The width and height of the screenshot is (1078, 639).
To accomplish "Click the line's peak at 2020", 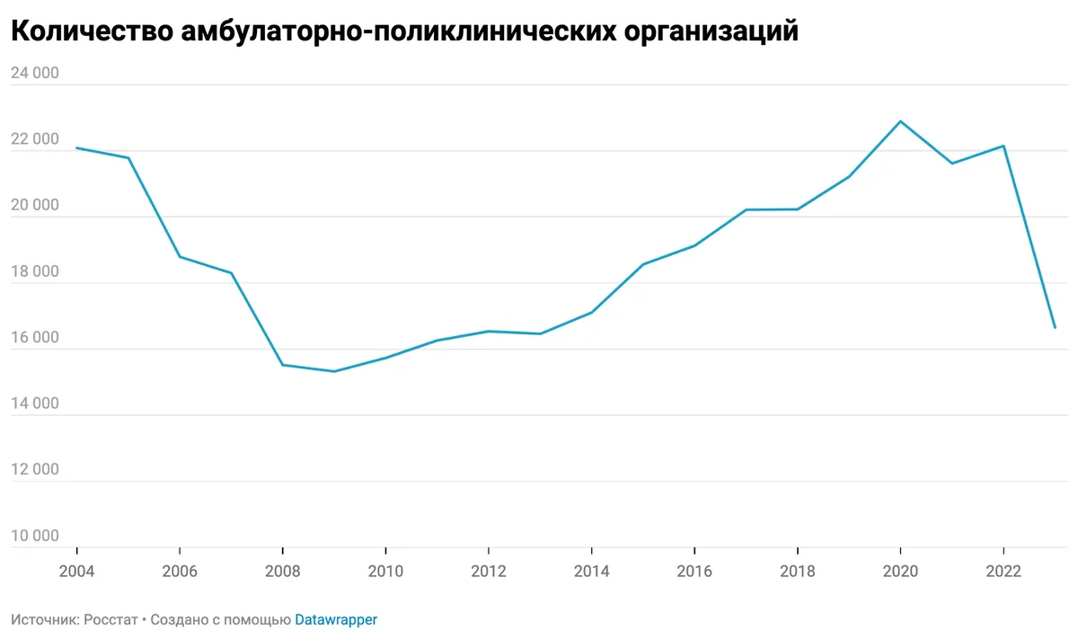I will click(x=900, y=121).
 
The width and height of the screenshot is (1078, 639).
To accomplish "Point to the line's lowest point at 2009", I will click(x=334, y=371).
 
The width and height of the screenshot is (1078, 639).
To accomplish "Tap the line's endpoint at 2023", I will click(x=1055, y=327).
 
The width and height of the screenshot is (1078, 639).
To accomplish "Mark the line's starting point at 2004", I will click(x=76, y=147).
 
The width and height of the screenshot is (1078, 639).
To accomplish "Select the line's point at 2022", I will click(x=1003, y=146).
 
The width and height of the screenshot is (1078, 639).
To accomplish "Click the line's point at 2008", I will click(x=282, y=365).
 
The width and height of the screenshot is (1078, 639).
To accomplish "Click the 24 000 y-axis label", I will click(x=34, y=74).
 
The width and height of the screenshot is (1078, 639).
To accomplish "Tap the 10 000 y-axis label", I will click(x=34, y=537).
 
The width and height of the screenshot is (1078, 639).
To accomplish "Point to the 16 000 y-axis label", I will click(x=34, y=338).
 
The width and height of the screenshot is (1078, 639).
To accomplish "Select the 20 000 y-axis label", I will click(x=34, y=206).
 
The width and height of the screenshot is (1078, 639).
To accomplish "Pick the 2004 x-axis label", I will click(x=76, y=571).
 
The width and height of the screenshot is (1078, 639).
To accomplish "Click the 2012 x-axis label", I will click(x=488, y=571).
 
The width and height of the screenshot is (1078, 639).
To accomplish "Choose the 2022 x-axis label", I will click(x=1003, y=571).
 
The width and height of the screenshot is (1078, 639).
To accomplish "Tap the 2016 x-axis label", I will click(x=694, y=571).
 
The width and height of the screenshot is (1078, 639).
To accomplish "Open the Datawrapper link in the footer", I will click(x=336, y=620).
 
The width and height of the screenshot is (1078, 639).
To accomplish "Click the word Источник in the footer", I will click(x=43, y=620).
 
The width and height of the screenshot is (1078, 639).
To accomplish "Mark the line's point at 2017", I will click(x=746, y=209).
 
